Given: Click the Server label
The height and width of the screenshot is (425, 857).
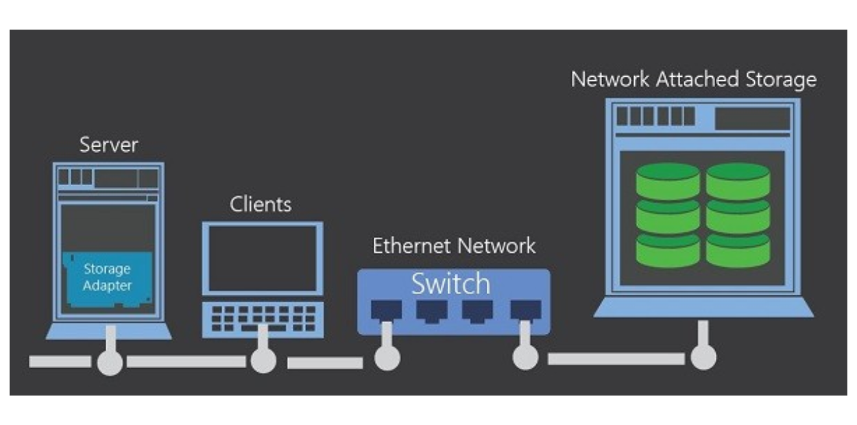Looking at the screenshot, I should click(x=109, y=145).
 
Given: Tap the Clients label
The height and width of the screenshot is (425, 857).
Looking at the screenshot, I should click(x=261, y=204).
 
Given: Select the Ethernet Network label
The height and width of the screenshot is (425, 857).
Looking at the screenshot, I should click(x=454, y=246).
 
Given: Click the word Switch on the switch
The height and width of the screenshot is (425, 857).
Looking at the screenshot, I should click(x=451, y=283).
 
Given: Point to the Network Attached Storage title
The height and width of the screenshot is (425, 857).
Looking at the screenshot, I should click(x=694, y=80).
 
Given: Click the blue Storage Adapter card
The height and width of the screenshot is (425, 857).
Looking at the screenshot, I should click(x=107, y=278).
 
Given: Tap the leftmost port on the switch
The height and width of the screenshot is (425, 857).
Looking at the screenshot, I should click(x=383, y=311).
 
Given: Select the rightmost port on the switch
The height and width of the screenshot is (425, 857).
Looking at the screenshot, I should click(x=524, y=311).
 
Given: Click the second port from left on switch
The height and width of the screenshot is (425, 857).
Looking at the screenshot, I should click(x=430, y=311).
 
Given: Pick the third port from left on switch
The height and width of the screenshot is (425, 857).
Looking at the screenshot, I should click(x=477, y=311).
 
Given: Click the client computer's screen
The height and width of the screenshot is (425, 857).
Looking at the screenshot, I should click(x=263, y=258).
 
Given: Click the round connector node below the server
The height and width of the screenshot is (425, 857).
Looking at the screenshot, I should click(x=110, y=362).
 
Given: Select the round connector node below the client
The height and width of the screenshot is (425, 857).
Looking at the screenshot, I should click(x=263, y=361).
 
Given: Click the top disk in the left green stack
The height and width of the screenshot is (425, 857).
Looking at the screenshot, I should click(x=668, y=180).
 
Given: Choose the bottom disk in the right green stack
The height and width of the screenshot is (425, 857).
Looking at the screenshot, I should click(x=738, y=250).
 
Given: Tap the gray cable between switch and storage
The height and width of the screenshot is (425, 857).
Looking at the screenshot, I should click(x=616, y=359).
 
